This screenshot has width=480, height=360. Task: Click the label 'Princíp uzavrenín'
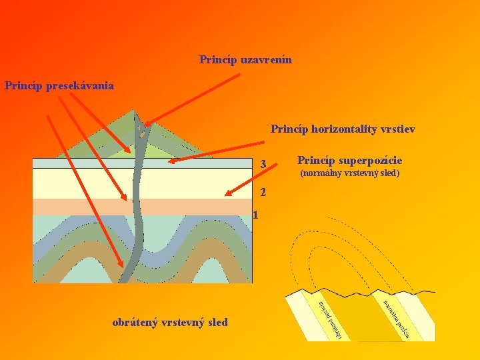[x=245, y=60]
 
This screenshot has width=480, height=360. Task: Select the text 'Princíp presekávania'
[x=59, y=86]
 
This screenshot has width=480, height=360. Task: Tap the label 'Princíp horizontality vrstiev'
[x=343, y=129]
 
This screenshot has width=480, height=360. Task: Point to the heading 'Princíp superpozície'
[x=349, y=161]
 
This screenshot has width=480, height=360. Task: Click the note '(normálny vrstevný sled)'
[x=349, y=173]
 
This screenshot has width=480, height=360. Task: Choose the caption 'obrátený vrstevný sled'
[x=170, y=323]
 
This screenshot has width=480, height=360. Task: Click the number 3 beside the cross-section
[x=263, y=165]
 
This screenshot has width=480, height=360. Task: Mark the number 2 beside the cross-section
[x=263, y=193]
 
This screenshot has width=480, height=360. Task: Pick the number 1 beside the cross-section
[x=255, y=215]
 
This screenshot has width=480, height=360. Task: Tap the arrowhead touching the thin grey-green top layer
[x=167, y=161]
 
